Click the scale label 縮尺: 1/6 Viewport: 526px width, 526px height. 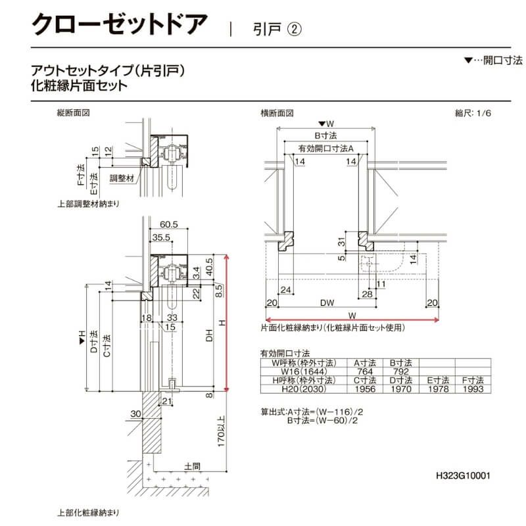coord(473,113)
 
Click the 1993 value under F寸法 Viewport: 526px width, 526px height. coord(472,389)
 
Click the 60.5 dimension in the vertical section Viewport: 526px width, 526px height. coord(168,225)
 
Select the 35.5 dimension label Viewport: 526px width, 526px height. coord(161,237)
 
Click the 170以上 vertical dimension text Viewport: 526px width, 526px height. coord(222,430)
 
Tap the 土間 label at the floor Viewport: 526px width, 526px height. coord(193,466)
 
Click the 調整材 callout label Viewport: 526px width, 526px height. coord(122,178)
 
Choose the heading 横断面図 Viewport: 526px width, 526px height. coord(277,113)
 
